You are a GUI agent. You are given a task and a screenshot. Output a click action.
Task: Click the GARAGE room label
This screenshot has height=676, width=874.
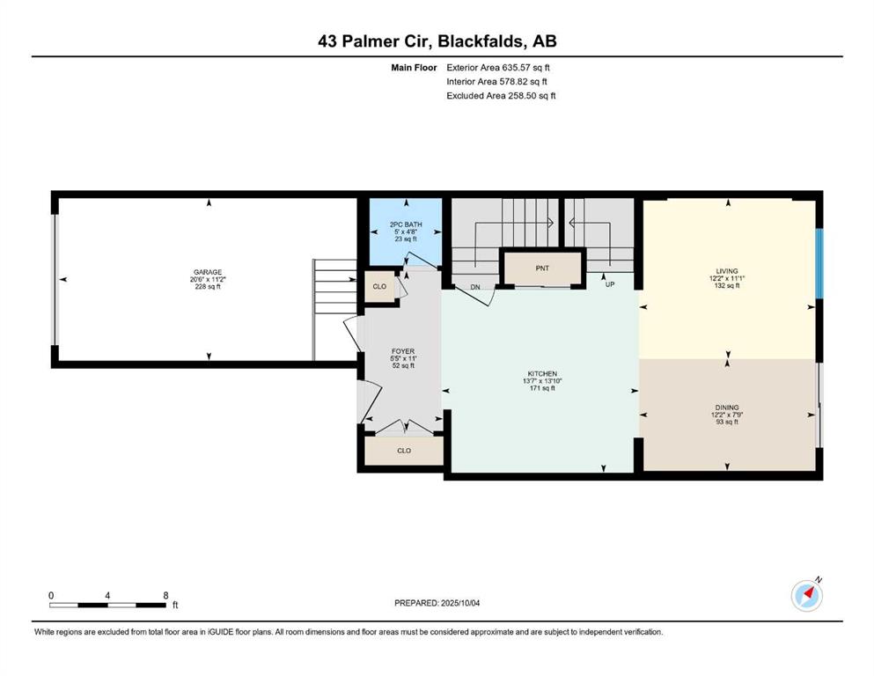click(208, 272)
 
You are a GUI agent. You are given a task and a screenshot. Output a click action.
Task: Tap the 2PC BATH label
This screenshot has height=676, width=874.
click(406, 224)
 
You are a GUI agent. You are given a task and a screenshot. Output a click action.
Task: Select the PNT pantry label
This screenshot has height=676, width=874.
click(542, 268)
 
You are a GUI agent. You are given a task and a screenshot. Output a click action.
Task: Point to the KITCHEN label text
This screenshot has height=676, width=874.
click(542, 373)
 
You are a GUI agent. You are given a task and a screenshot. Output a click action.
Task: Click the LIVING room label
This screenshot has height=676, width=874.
click(727, 271)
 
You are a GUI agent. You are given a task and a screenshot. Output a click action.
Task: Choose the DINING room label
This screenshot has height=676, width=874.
click(727, 408)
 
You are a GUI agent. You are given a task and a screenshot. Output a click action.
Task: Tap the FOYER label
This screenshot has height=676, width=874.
click(403, 351)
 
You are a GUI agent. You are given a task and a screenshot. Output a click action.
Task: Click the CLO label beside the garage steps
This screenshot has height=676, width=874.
click(379, 286)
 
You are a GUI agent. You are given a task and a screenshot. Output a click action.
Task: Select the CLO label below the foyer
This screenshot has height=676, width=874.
click(404, 451)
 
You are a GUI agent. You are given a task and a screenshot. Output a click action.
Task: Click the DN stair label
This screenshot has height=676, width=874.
click(475, 287)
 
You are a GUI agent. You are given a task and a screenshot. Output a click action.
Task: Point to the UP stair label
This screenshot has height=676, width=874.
click(610, 284)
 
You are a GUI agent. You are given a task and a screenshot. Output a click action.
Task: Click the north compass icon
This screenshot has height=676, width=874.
click(807, 595)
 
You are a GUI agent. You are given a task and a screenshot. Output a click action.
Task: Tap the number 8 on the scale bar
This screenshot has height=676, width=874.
click(165, 595)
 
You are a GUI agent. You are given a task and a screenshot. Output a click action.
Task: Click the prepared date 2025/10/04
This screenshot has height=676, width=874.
click(460, 603)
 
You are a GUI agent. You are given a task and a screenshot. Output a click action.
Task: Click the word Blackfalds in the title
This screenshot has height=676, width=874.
click(481, 41)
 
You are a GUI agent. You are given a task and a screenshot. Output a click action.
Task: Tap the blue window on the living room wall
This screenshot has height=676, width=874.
click(819, 263)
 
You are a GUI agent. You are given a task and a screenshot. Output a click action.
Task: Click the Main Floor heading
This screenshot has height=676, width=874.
click(414, 68)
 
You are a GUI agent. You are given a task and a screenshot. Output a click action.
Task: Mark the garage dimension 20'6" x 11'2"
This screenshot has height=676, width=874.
click(208, 279)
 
